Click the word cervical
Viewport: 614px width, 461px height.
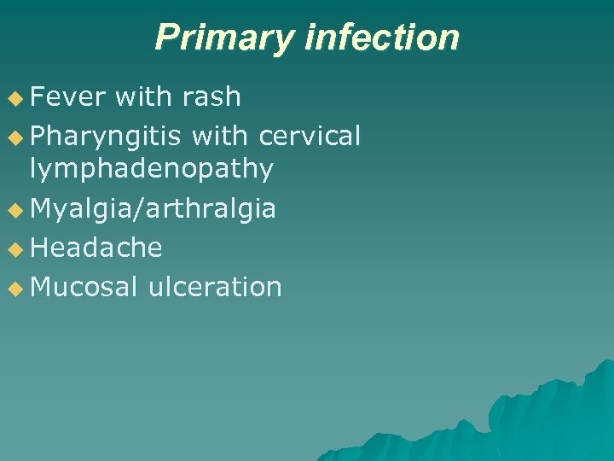[310, 136]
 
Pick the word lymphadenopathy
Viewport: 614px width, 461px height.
[151, 169]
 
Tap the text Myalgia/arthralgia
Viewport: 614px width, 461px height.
[153, 208]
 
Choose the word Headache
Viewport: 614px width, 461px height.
[96, 248]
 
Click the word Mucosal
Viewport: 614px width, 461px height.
[84, 287]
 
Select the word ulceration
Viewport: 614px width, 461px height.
[214, 287]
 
